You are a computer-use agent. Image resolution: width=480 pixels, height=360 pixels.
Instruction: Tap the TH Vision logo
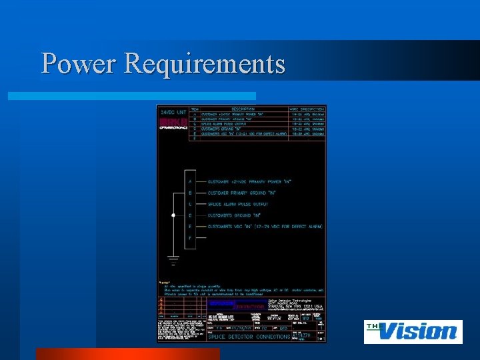coord(413,331)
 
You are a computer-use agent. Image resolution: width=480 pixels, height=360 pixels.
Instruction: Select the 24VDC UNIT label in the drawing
coord(173,113)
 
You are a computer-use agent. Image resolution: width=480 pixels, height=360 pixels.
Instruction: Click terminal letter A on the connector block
coord(191,181)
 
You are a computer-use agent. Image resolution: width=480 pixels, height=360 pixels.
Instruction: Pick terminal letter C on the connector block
coord(191,203)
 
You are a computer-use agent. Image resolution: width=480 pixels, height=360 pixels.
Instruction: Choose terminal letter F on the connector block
coord(191,237)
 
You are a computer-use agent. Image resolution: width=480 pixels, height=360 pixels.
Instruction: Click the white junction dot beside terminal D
coord(173,215)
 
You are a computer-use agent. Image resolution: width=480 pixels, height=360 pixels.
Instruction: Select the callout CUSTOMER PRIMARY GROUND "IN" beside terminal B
coord(242,192)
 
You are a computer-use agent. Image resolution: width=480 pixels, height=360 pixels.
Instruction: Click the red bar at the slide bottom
coord(127,353)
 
